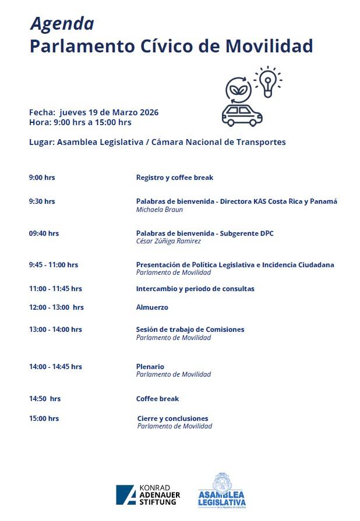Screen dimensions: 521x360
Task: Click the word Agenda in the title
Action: pos(62,23)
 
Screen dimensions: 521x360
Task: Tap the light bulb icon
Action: pos(267,83)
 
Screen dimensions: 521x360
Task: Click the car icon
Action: pos(242,115)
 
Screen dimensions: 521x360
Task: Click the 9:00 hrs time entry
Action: pos(42,178)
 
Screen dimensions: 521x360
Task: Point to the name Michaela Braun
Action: pos(159,210)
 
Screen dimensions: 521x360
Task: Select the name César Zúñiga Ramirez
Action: pos(168,241)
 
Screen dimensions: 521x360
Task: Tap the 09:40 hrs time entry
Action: pos(44,233)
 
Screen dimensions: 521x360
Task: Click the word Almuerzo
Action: pos(152,307)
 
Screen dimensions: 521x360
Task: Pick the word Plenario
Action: pos(150,367)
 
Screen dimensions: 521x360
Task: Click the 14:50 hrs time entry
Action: pos(45,399)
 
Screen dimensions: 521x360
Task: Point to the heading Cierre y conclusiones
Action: pos(172,419)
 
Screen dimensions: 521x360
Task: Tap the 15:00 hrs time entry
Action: pos(44,419)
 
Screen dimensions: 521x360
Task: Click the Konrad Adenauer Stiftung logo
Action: pos(148,494)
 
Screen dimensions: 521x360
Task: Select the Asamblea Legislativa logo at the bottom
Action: pos(221,491)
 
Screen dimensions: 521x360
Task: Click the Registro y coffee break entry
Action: pos(174,178)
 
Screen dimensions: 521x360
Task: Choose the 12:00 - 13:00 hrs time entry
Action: pos(57,307)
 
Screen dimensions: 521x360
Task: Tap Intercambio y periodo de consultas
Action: pos(195,289)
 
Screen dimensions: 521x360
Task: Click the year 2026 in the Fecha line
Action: pos(149,112)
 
